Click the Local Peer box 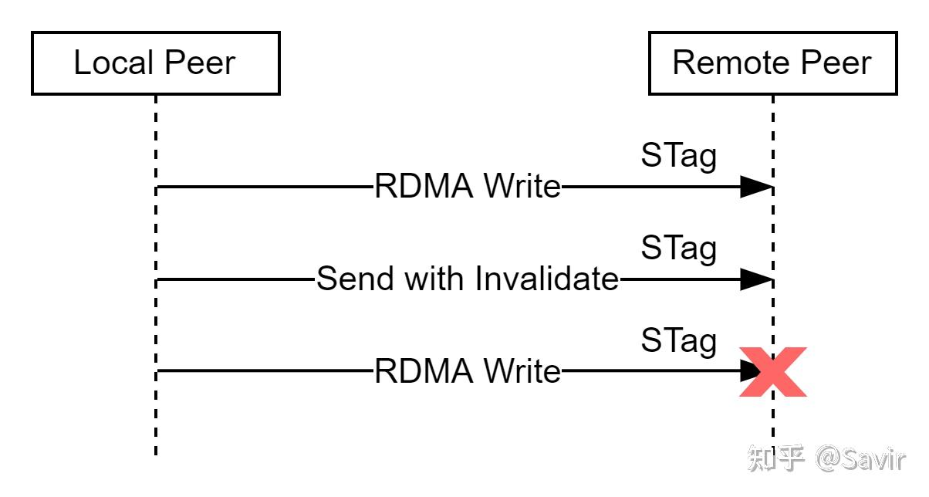155,63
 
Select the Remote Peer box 772,63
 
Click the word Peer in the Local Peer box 201,63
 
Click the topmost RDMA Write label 468,187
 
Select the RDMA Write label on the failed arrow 468,372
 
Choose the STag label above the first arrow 678,157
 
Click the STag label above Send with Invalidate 678,248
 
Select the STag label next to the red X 678,341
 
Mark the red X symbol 772,372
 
